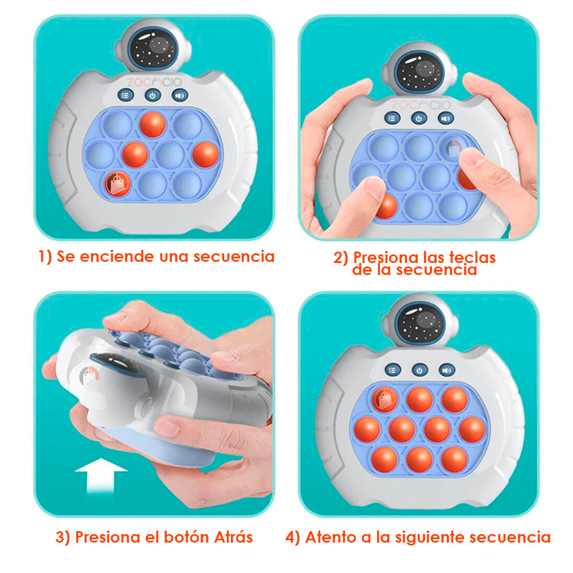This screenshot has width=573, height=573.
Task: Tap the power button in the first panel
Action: (152, 96)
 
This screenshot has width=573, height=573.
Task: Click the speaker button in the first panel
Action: (179, 96)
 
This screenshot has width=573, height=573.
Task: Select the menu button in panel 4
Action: (393, 370)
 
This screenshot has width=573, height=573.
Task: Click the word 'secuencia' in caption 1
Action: (234, 256)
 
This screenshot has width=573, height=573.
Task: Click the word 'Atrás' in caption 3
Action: (233, 537)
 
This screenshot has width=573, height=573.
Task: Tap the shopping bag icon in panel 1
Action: (117, 183)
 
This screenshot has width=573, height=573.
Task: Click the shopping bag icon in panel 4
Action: (384, 399)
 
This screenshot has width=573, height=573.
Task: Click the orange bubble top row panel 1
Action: (152, 124)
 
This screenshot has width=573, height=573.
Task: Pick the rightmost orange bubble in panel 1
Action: (205, 154)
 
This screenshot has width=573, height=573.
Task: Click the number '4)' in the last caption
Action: (293, 537)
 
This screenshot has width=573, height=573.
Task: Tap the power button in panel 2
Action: (419, 118)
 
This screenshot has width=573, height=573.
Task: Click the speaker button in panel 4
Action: (448, 370)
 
